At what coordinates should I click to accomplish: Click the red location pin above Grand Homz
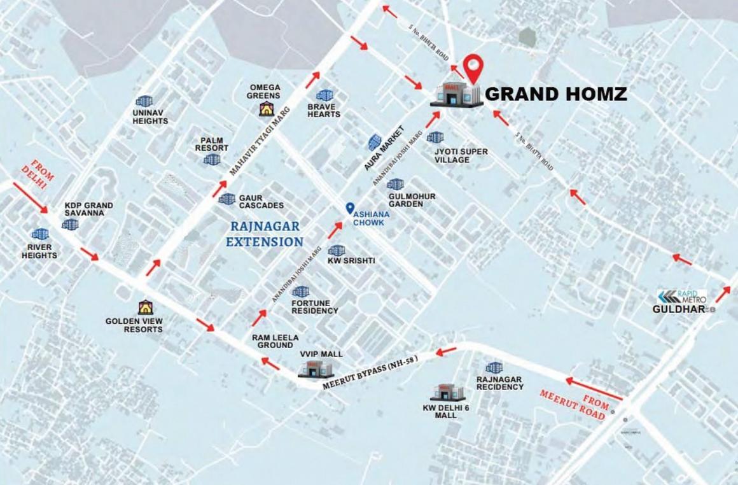(x=472, y=66)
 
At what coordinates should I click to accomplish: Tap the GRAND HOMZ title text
(x=556, y=95)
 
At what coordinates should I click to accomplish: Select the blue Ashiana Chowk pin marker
(x=349, y=207)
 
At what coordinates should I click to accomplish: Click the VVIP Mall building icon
(x=315, y=369)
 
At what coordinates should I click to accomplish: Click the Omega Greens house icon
(x=265, y=109)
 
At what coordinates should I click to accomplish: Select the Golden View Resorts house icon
(x=146, y=307)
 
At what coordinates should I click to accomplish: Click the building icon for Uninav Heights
(x=144, y=101)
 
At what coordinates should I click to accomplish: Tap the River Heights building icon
(x=40, y=234)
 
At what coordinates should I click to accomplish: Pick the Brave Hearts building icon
(x=324, y=95)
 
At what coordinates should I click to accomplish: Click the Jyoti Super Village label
(x=461, y=155)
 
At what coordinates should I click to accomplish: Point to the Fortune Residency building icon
(x=300, y=292)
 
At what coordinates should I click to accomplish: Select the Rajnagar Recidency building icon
(x=494, y=367)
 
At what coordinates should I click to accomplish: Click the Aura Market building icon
(x=375, y=143)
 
